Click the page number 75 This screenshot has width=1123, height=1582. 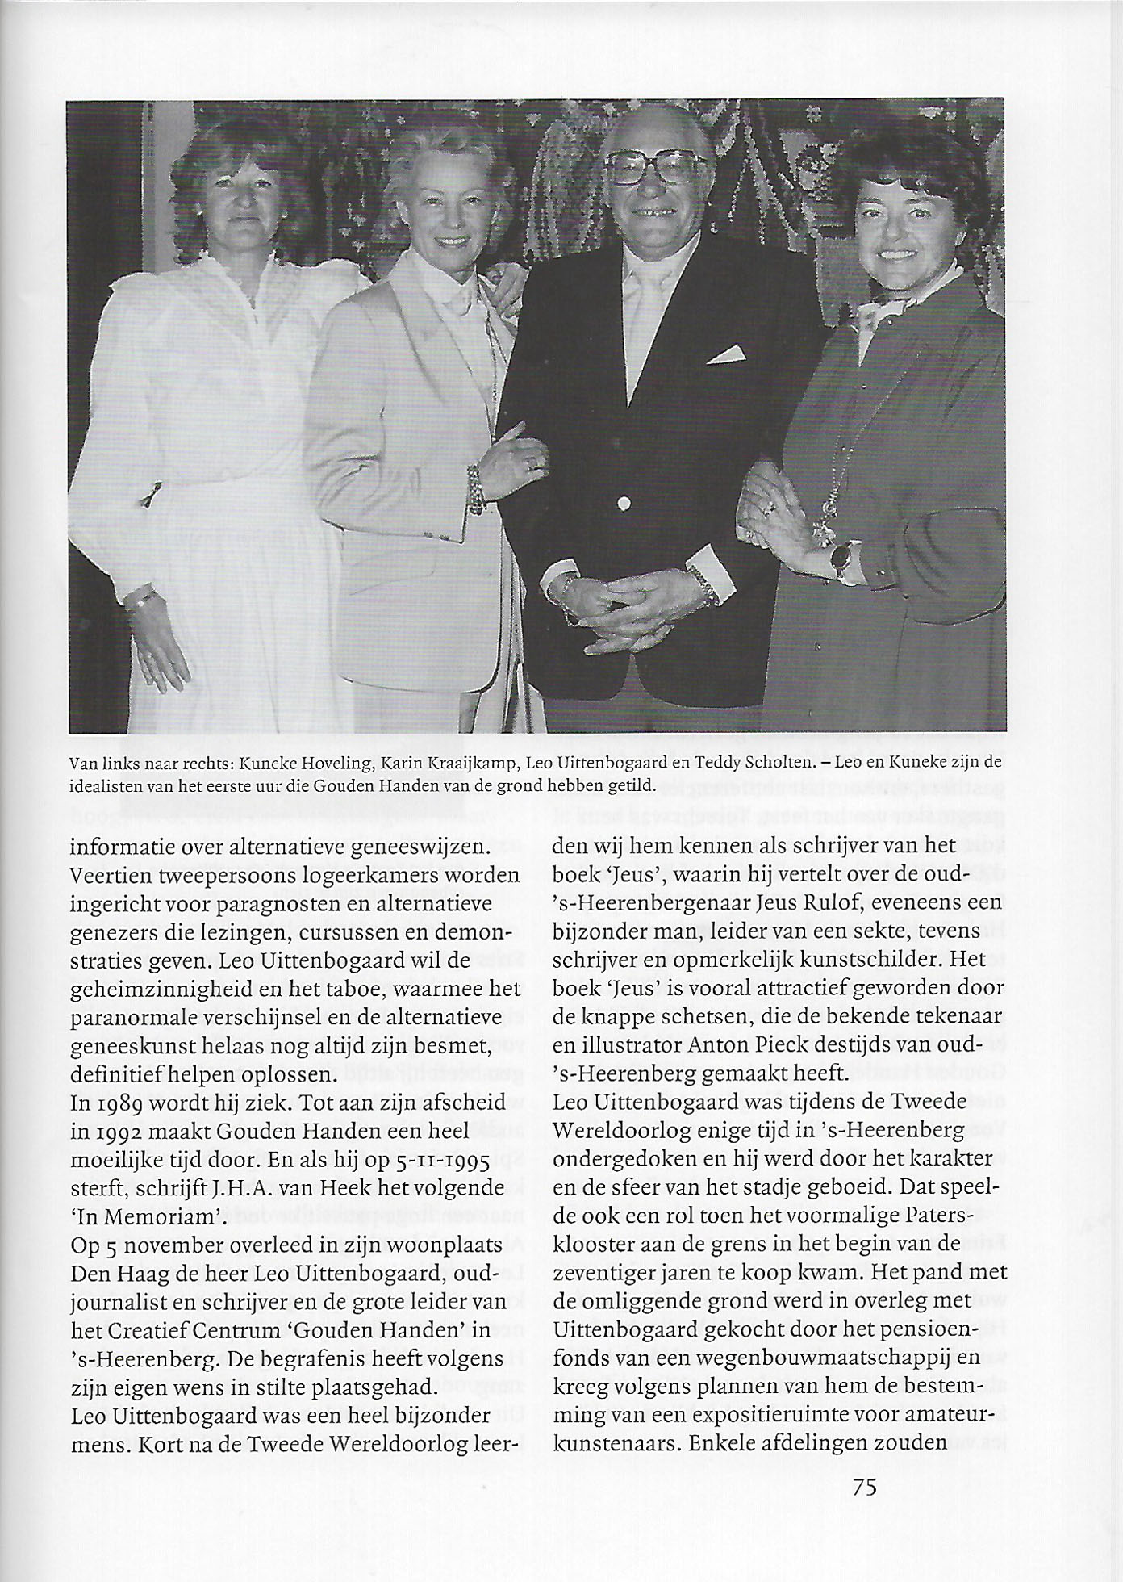point(864,1487)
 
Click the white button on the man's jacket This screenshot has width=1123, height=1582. point(623,504)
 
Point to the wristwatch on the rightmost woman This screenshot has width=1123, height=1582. point(842,559)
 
